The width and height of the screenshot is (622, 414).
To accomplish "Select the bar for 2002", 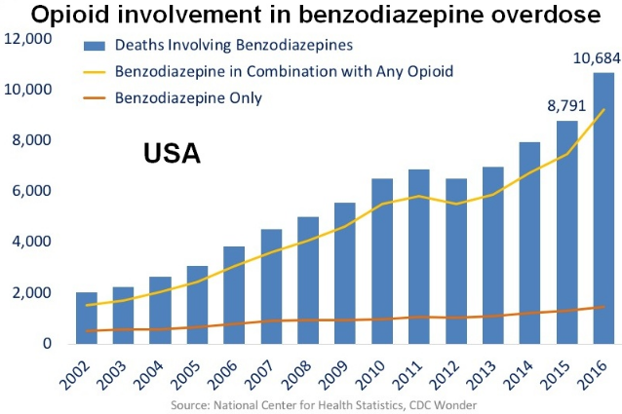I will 87,318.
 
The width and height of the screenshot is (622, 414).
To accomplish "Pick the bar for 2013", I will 493,255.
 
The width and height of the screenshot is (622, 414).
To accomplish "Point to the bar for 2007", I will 271,286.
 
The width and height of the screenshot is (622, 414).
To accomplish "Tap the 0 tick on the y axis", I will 48,343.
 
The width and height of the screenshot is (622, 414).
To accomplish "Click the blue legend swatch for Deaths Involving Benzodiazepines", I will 94,46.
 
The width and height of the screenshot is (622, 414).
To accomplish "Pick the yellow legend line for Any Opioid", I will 94,72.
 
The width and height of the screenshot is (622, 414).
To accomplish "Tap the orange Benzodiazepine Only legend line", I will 94,98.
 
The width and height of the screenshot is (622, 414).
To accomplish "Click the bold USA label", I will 172,153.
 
